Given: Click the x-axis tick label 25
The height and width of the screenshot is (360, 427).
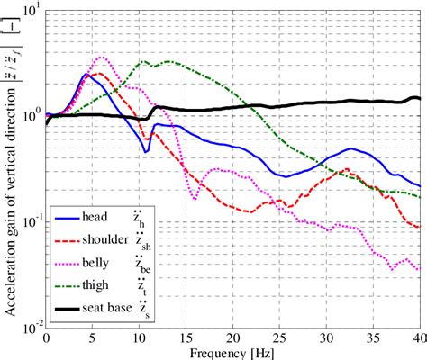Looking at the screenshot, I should tap(280, 336).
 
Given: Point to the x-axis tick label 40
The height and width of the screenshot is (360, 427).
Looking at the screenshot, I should tap(418, 336).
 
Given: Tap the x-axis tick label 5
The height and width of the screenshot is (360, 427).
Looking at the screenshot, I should tap(93, 336).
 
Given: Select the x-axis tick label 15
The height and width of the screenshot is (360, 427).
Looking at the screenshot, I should tap(186, 336).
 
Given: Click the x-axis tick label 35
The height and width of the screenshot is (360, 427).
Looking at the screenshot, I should tap(374, 336).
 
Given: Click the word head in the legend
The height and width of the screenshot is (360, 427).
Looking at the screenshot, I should tap(96, 216).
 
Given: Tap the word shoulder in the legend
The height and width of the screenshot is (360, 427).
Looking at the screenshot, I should tap(106, 239).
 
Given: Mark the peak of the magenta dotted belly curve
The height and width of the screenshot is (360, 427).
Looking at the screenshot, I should tap(103, 58).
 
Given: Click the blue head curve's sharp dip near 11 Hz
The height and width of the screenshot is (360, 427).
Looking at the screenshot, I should tap(146, 152).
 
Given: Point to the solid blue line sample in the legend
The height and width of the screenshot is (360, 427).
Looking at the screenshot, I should tap(65, 217).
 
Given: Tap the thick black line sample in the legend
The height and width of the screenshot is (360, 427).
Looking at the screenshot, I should tap(65, 309).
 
